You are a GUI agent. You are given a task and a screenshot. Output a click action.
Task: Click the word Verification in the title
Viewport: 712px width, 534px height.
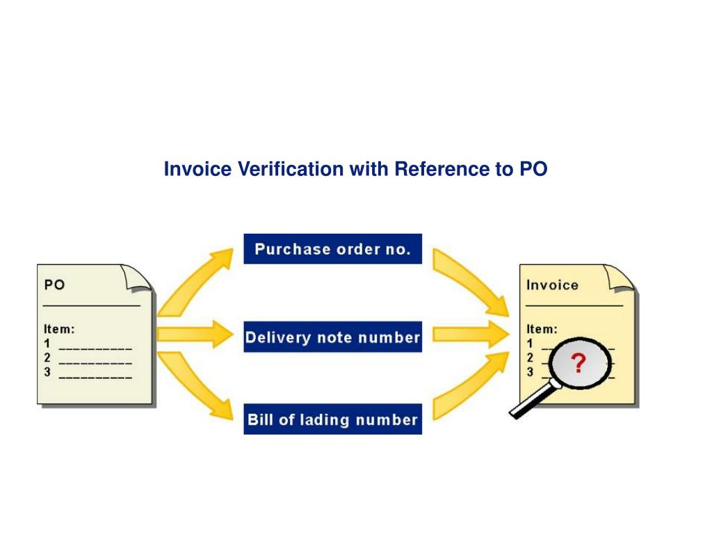pyautogui.click(x=291, y=168)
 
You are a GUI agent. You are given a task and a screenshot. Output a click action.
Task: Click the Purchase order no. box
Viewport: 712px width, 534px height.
pyautogui.click(x=333, y=249)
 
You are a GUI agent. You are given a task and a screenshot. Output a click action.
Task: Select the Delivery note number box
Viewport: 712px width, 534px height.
pyautogui.click(x=333, y=337)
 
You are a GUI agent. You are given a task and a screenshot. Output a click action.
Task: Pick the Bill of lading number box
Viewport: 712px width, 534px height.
pyautogui.click(x=333, y=419)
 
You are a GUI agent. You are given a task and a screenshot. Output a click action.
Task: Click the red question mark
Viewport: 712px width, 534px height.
pyautogui.click(x=578, y=363)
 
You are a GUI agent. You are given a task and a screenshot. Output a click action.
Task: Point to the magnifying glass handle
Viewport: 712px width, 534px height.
pyautogui.click(x=533, y=400)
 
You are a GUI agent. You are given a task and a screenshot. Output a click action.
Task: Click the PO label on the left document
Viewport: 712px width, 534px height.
pyautogui.click(x=54, y=284)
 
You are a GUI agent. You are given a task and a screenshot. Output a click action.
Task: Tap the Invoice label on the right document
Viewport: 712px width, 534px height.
pyautogui.click(x=552, y=285)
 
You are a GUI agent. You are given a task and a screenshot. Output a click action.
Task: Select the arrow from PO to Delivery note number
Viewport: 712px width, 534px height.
pyautogui.click(x=195, y=334)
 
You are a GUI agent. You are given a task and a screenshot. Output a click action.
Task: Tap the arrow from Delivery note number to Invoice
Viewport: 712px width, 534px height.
pyautogui.click(x=471, y=334)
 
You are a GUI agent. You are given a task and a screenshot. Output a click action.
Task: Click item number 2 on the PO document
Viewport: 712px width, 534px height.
pyautogui.click(x=47, y=358)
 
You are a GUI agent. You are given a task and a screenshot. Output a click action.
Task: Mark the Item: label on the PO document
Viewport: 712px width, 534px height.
pyautogui.click(x=59, y=329)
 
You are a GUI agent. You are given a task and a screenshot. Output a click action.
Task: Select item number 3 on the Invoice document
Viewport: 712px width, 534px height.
pyautogui.click(x=530, y=373)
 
